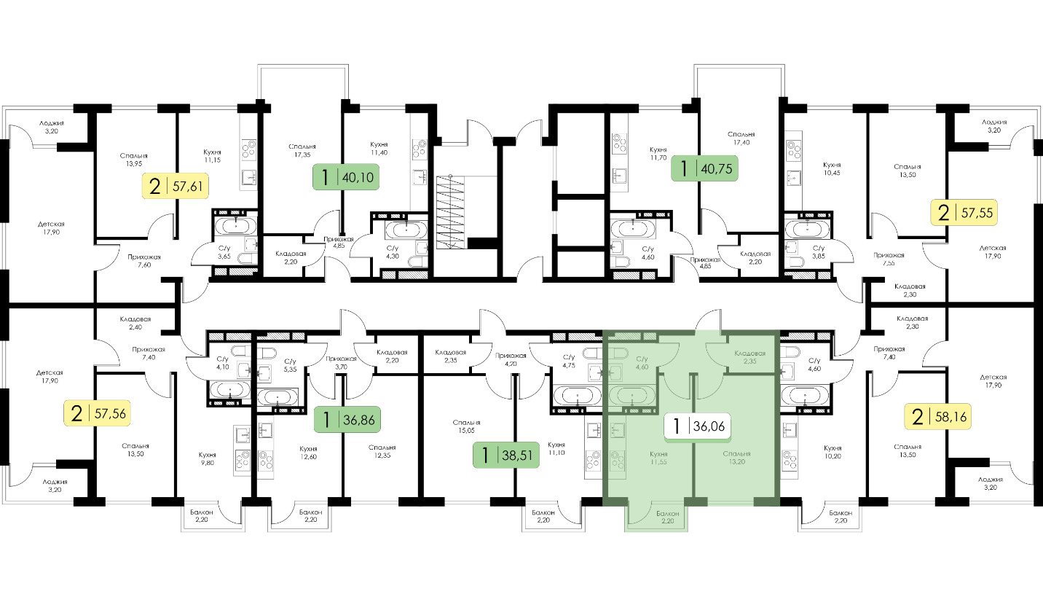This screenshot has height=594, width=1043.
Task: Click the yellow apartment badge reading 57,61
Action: (175, 187)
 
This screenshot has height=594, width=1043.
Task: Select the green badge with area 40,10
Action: (345, 177)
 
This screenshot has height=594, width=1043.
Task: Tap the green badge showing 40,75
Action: (704, 168)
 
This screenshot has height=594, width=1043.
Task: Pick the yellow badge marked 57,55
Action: (964, 212)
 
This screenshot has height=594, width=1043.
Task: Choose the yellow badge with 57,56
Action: (97, 413)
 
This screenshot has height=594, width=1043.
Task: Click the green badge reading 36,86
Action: (347, 420)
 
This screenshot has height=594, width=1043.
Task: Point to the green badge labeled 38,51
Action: (506, 455)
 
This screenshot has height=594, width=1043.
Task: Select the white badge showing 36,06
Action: (697, 426)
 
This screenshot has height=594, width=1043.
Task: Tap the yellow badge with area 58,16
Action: (938, 416)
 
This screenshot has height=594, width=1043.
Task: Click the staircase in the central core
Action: (450, 212)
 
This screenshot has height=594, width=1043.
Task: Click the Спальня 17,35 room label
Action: (302, 150)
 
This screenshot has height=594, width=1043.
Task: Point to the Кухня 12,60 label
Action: (309, 453)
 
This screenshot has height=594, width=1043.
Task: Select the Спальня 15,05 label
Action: (466, 426)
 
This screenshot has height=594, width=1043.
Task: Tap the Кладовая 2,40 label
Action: (135, 323)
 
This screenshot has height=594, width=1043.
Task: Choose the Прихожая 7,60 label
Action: (144, 261)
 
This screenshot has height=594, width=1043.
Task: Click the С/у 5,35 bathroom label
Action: (290, 365)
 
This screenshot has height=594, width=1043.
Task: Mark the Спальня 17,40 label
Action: (741, 138)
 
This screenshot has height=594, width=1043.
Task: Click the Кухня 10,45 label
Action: (832, 168)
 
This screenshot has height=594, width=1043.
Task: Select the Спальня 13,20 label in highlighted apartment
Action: (736, 458)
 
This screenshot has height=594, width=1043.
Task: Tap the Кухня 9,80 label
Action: (207, 458)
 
